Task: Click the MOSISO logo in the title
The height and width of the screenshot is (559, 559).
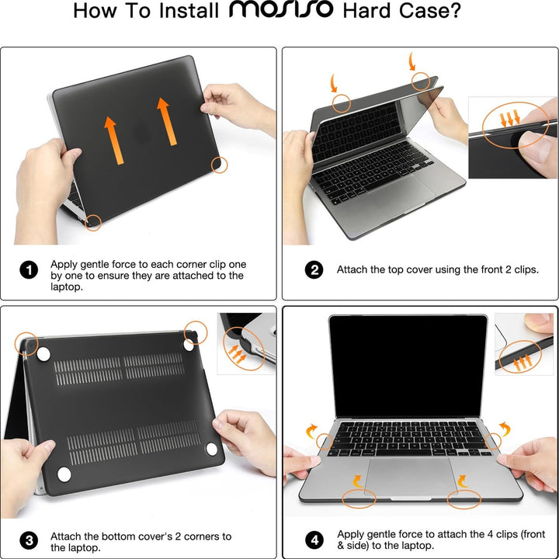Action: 281,11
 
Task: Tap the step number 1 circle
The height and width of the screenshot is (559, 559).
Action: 29,270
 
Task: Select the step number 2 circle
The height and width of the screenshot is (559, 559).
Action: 314,270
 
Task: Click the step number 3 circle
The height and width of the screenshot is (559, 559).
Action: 29,540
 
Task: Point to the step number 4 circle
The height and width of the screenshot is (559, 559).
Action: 314,540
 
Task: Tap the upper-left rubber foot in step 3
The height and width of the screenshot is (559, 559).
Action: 43,354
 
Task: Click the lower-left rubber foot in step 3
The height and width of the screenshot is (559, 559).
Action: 64,474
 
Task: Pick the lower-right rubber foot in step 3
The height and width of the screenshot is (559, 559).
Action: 212,451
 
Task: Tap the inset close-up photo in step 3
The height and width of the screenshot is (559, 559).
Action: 247,343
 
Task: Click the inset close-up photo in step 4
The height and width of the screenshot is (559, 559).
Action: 524,344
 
